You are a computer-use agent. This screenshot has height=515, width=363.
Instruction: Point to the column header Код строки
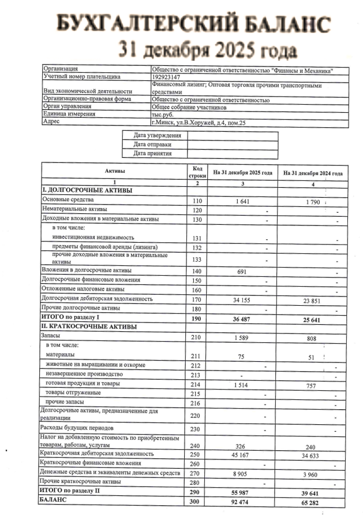tap(197, 172)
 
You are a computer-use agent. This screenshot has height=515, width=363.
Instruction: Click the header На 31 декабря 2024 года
tap(313, 173)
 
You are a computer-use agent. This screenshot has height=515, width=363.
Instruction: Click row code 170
tap(197, 299)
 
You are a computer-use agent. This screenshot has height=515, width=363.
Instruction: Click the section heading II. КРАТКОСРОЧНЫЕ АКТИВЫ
tap(89, 327)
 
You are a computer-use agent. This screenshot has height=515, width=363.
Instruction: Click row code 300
tap(197, 501)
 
